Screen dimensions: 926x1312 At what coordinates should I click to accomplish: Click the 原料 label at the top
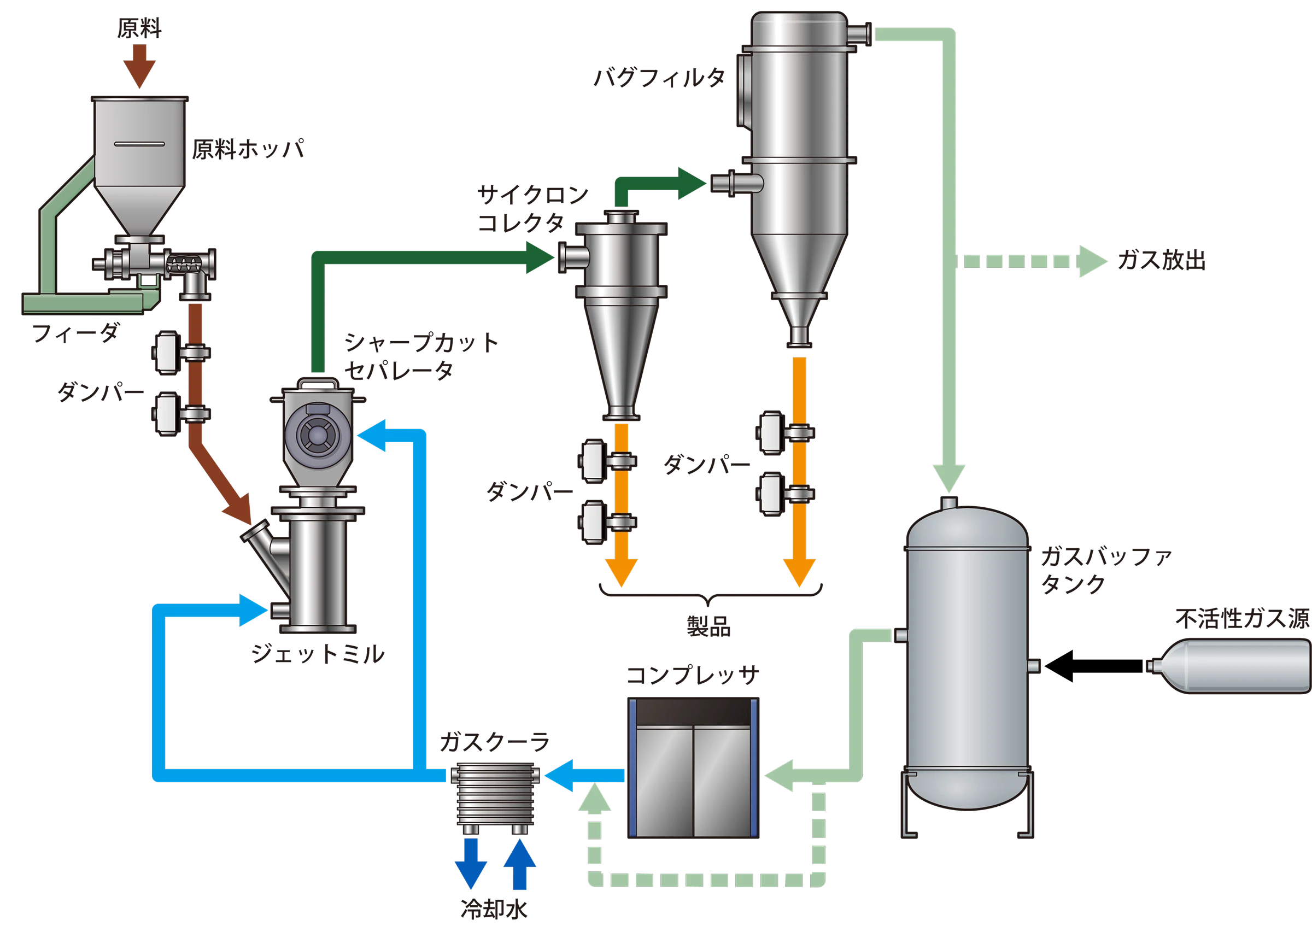(139, 28)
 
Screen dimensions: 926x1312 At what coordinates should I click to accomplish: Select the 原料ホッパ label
(248, 150)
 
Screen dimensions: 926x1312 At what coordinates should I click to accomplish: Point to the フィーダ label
(75, 333)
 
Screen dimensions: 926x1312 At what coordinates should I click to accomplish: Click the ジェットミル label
(318, 654)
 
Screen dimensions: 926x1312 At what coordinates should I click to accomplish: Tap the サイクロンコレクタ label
(533, 210)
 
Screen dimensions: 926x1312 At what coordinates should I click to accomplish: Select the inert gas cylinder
(1228, 665)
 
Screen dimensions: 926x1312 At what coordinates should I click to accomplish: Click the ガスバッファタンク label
(1106, 571)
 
